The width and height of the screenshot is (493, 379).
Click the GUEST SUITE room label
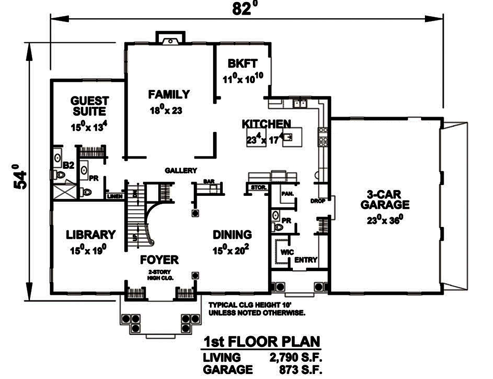[x=89, y=105]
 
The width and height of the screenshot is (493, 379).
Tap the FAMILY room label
[x=169, y=94]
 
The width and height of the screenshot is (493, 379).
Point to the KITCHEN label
[x=266, y=124]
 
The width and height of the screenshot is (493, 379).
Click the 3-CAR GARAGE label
[x=385, y=198]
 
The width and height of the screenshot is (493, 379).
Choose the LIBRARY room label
[x=91, y=234]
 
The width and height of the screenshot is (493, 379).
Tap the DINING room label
[x=232, y=234]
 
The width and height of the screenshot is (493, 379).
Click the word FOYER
[x=159, y=260]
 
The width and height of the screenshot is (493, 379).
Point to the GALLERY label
[x=181, y=171]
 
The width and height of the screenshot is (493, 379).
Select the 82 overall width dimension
[x=240, y=9]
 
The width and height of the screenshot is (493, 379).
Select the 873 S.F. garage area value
[x=301, y=369]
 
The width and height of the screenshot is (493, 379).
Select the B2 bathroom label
[x=68, y=166]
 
